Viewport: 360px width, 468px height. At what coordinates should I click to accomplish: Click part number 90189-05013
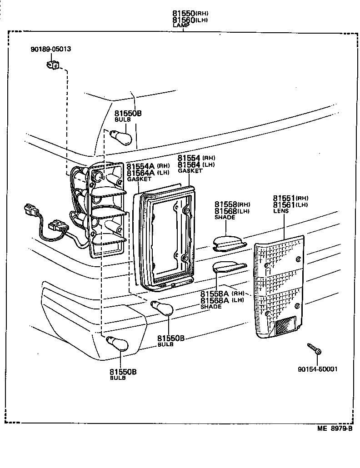click(x=51, y=49)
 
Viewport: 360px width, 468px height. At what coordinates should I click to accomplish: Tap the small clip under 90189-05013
click(x=53, y=65)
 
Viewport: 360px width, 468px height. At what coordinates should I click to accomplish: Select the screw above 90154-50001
click(x=314, y=349)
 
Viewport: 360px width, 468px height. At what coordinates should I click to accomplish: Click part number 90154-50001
click(x=318, y=369)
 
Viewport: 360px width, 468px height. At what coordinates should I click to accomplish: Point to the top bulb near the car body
click(x=123, y=136)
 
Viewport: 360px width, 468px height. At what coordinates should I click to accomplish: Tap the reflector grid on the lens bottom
click(x=284, y=327)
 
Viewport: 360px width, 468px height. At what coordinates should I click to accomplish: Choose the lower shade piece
click(x=229, y=267)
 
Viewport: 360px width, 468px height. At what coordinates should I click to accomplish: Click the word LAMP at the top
click(x=180, y=26)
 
